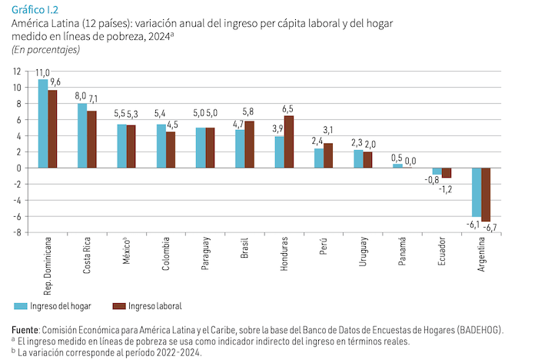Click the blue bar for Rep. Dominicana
43,123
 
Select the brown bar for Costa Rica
92,139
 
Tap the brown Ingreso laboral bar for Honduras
289,142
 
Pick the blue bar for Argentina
477,192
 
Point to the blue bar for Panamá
397,166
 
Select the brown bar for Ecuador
447,173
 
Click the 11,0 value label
42,72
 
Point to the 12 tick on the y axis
17,71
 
